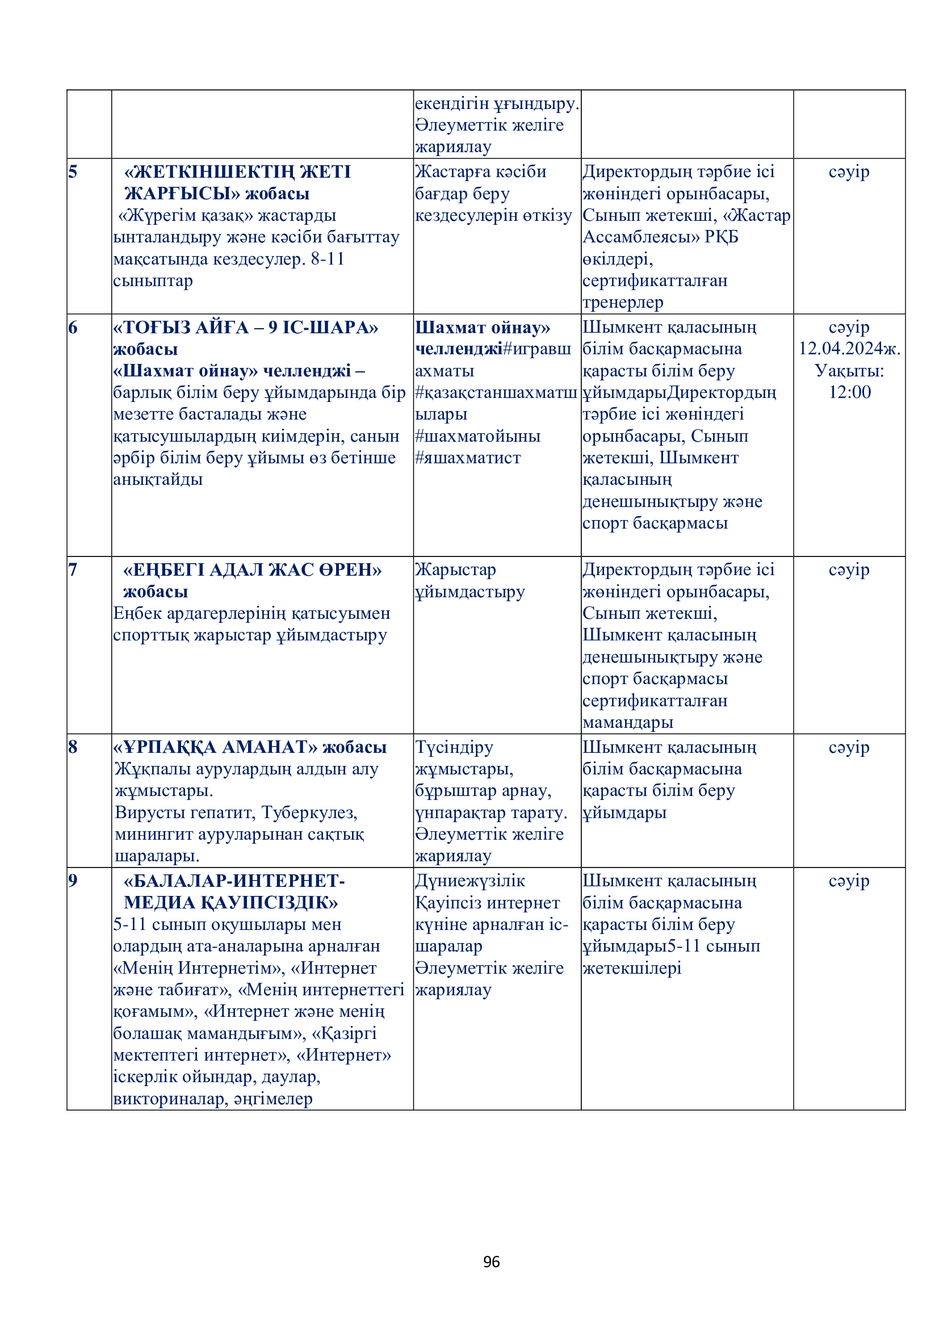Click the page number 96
[x=491, y=1262]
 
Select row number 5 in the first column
[x=73, y=172]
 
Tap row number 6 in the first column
[x=73, y=328]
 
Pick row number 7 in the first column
[x=73, y=569]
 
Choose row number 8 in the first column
[x=73, y=747]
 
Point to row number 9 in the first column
[x=73, y=881]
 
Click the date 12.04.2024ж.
[x=849, y=349]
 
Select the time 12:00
[x=849, y=392]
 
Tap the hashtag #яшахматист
[x=468, y=458]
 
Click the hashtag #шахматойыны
[x=477, y=436]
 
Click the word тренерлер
[x=623, y=303]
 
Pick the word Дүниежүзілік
[x=470, y=881]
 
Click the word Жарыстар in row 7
[x=456, y=569]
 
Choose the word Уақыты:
[x=849, y=371]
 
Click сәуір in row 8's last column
[x=849, y=747]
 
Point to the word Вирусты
[x=152, y=812]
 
